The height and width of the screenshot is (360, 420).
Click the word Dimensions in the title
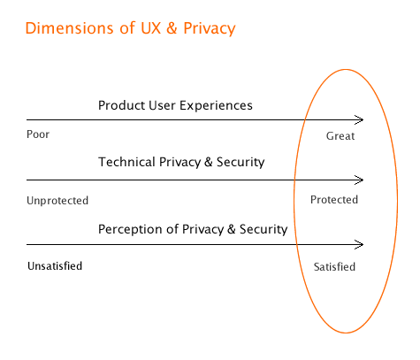(x=69, y=28)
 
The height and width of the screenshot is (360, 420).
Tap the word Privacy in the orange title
(x=210, y=29)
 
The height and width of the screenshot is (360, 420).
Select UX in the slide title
(x=150, y=28)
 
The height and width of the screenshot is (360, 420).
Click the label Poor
(x=38, y=134)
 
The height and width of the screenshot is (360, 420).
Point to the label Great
(x=340, y=136)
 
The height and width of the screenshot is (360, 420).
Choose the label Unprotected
(x=57, y=201)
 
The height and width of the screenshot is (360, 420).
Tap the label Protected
(x=334, y=200)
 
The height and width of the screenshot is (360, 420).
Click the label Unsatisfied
(x=55, y=266)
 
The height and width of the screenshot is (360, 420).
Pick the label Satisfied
(x=334, y=267)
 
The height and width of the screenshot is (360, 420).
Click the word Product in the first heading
(x=122, y=105)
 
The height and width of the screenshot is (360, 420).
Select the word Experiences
(x=216, y=105)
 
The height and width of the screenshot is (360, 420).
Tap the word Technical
(x=127, y=162)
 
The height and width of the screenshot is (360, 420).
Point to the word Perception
(x=138, y=229)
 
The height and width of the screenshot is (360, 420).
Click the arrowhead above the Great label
(x=359, y=119)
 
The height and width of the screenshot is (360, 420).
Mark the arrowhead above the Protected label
(x=359, y=180)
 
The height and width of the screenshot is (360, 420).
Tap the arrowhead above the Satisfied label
(x=359, y=244)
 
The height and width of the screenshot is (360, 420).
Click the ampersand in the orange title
(x=172, y=28)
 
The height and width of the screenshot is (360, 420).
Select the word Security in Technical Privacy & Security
(x=241, y=162)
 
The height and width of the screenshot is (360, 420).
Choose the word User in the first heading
(x=162, y=105)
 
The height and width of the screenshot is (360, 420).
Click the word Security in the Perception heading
(x=263, y=229)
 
